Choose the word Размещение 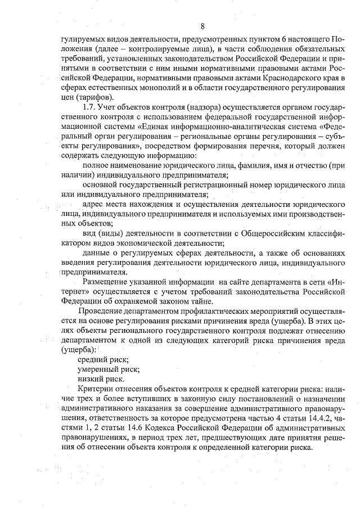pos(106,282)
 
